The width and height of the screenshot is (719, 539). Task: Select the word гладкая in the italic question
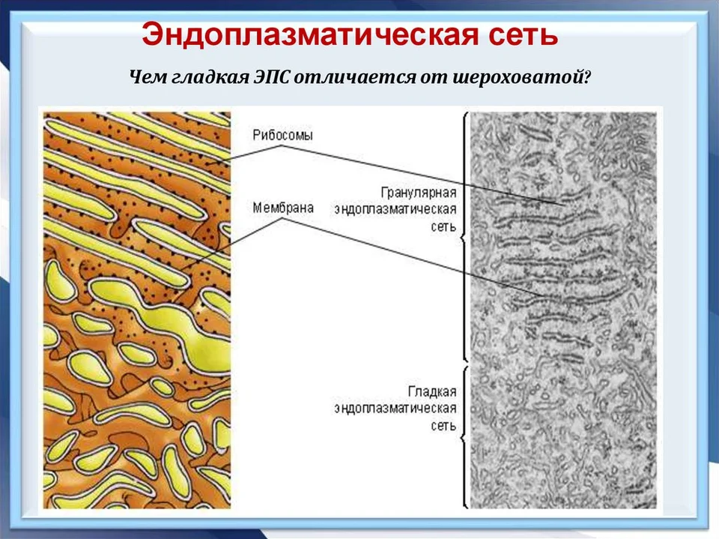[211, 77]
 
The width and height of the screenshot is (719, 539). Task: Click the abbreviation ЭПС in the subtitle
[272, 76]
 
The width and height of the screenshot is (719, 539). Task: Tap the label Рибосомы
[282, 136]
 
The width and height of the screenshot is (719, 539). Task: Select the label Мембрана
[283, 208]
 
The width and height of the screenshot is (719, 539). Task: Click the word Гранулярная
[419, 193]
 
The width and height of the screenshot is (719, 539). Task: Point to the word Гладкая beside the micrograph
[432, 391]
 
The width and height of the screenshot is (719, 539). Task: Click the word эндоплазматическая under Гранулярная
[395, 210]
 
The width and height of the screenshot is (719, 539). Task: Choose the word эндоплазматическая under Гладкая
[395, 409]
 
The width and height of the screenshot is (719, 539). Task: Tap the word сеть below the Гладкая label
[443, 426]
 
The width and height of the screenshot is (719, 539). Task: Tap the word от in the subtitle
[434, 78]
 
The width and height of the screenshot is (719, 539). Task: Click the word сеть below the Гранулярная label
[443, 227]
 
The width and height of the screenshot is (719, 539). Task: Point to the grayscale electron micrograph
[563, 310]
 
